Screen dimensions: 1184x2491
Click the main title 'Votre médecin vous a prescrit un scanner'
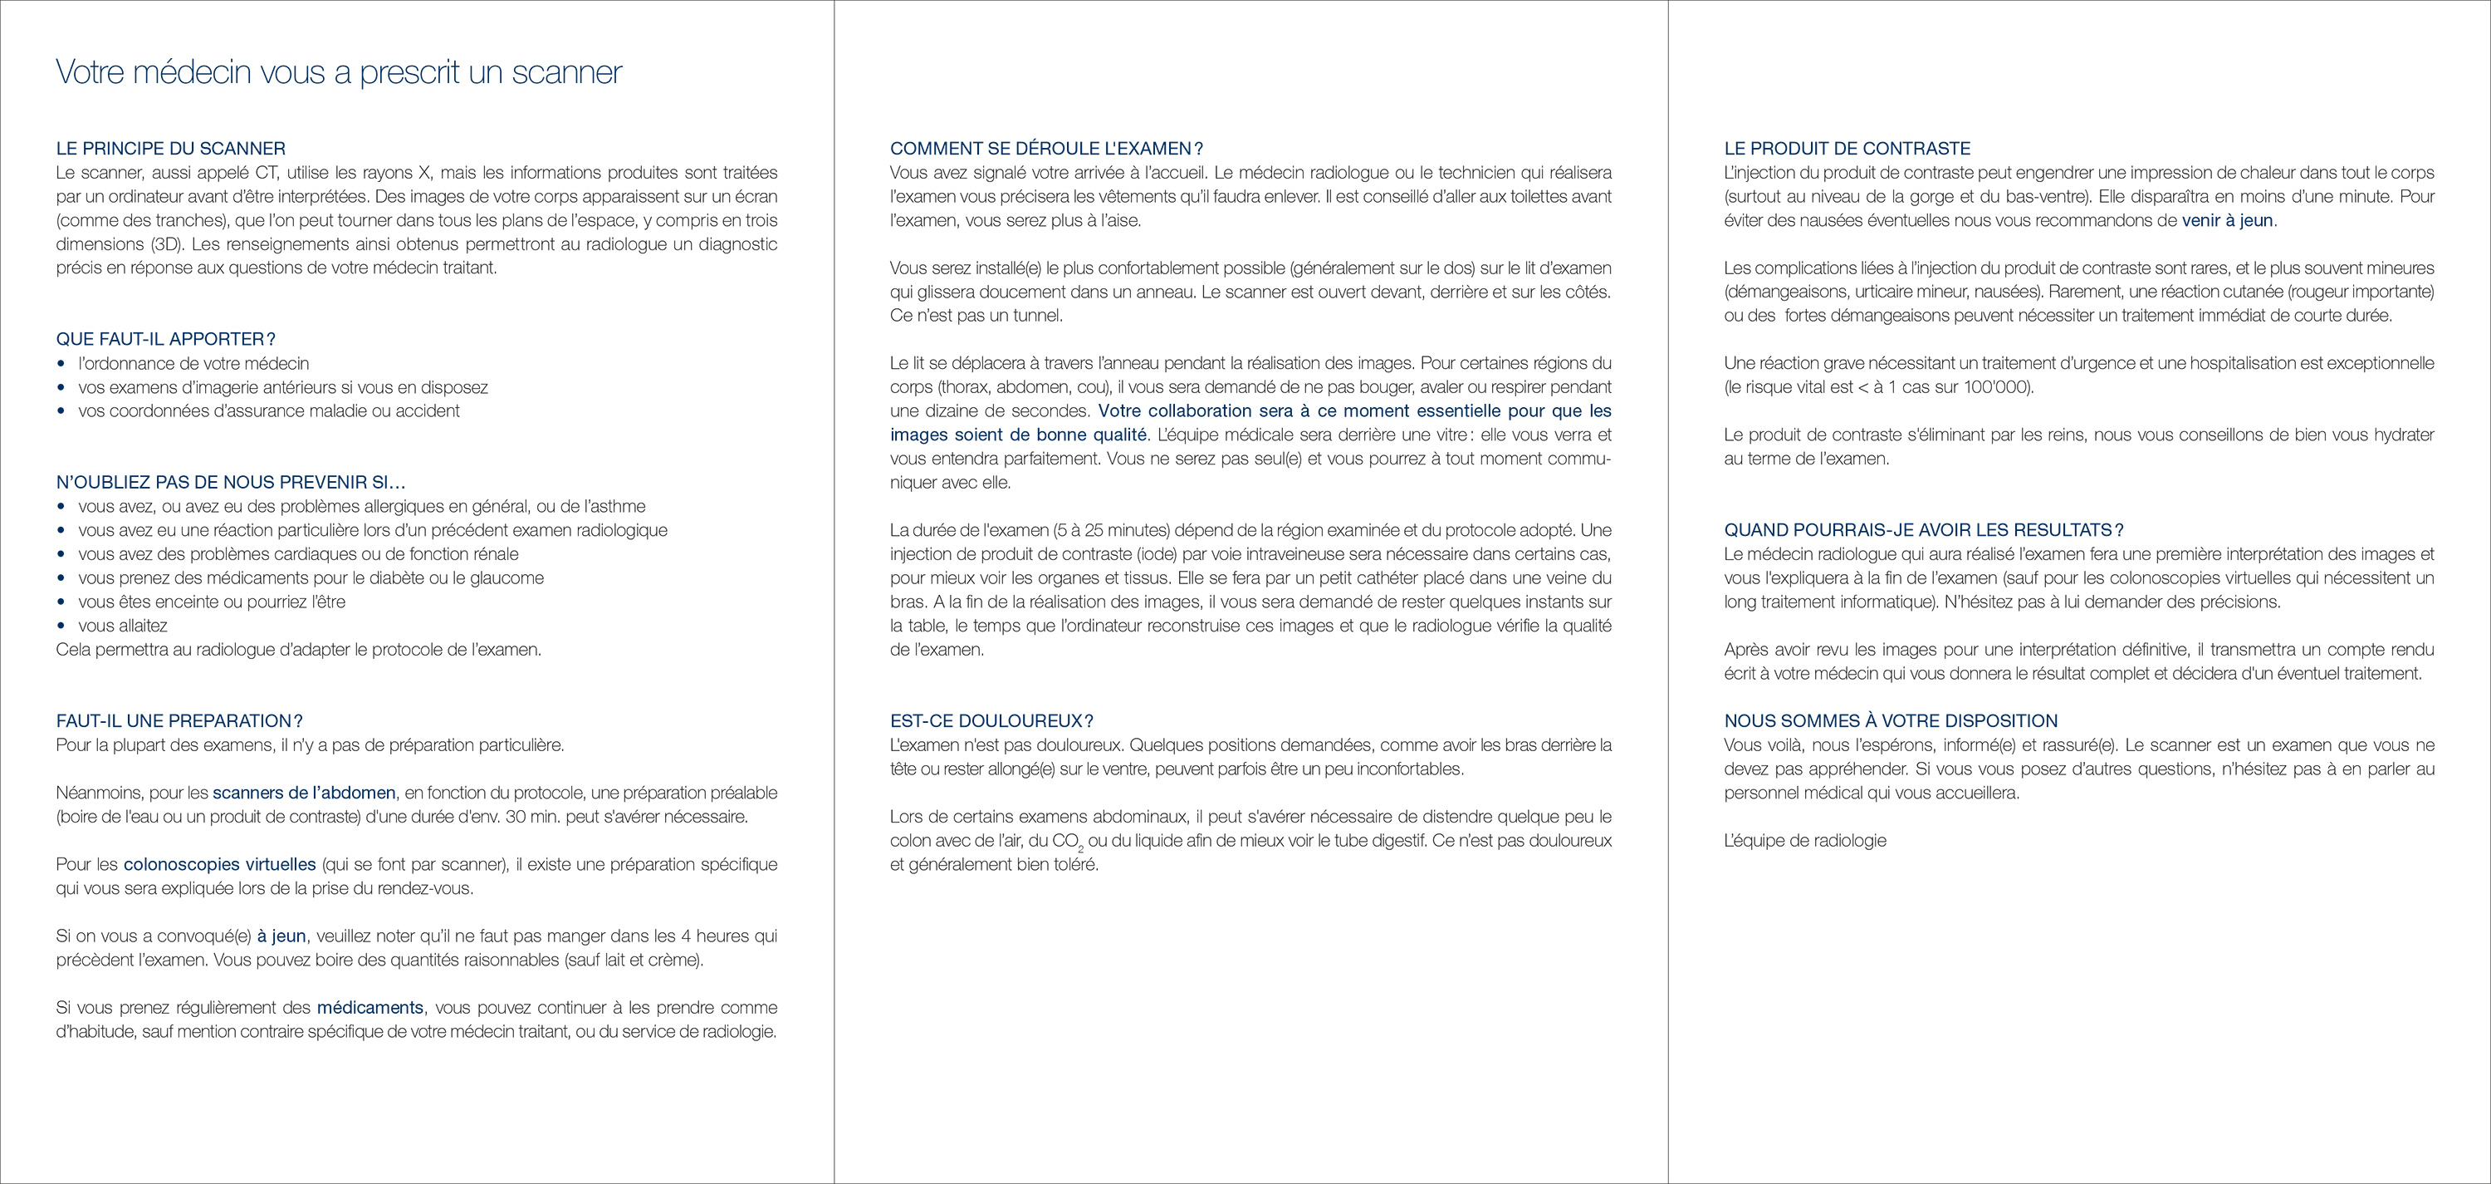tap(339, 71)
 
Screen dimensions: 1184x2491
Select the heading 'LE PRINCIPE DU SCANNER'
tap(171, 148)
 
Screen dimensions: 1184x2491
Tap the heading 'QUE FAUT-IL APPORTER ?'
tap(165, 338)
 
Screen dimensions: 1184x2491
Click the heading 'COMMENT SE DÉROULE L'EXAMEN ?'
tap(1046, 148)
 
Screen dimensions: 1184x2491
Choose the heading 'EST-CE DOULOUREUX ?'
tap(991, 720)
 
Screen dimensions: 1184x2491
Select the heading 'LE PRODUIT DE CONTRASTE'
tap(1847, 148)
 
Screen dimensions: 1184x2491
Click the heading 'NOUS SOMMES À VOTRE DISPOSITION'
tap(1891, 720)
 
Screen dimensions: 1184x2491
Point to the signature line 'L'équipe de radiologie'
tap(1804, 841)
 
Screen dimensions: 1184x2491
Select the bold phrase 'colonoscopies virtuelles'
tap(219, 865)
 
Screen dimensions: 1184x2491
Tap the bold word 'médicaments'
tap(370, 1008)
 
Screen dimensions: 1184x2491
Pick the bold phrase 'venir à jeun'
tap(2228, 220)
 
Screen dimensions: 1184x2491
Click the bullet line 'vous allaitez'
tap(123, 626)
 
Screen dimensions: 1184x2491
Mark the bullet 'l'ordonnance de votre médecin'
tap(193, 364)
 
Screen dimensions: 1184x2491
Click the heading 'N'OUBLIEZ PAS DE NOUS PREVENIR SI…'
tap(231, 482)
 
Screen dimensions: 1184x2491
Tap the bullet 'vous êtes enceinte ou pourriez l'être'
tap(212, 602)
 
